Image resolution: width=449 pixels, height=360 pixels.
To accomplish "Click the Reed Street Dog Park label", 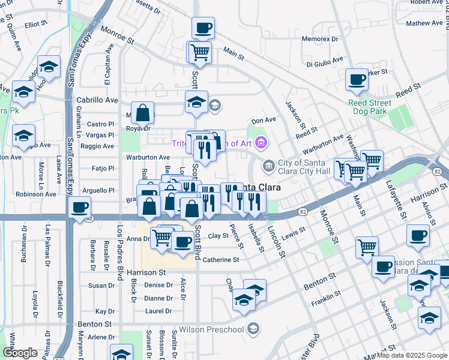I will (369, 107).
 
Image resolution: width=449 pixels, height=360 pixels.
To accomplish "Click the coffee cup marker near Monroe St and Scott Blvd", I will (203, 27).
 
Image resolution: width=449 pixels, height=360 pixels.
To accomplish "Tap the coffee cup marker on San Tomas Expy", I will (79, 208).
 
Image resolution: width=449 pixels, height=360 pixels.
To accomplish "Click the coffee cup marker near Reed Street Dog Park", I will (358, 79).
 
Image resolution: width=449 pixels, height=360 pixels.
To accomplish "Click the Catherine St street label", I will (220, 260).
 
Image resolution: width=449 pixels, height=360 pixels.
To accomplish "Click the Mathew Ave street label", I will (424, 23).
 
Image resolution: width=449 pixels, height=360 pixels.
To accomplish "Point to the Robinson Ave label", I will (35, 194).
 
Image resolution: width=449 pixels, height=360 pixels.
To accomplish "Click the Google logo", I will (20, 353).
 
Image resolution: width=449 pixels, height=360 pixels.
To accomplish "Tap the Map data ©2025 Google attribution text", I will (412, 355).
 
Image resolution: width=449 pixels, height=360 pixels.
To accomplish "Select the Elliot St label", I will (36, 24).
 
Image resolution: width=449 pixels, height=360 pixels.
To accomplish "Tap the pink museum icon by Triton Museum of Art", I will (260, 143).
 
